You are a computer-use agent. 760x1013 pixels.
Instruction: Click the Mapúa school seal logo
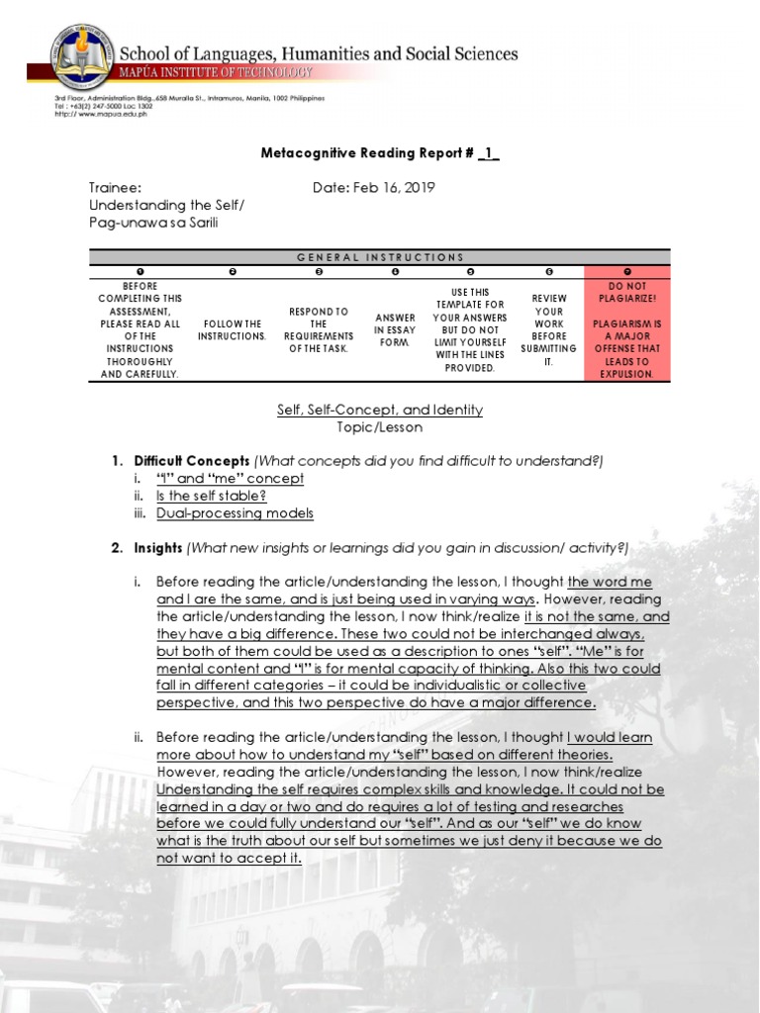[82, 55]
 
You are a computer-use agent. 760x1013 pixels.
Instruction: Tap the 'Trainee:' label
[115, 188]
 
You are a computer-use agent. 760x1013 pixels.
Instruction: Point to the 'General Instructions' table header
[380, 257]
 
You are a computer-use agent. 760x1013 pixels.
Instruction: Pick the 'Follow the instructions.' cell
[232, 329]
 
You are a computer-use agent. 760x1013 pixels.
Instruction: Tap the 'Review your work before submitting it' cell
[548, 329]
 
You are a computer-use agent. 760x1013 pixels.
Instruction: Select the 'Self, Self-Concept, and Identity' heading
[380, 410]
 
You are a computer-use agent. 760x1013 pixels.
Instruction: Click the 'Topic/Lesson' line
[380, 427]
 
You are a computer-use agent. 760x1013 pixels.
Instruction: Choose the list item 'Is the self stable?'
[211, 496]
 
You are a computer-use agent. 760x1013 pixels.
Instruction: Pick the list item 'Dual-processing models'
[235, 512]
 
